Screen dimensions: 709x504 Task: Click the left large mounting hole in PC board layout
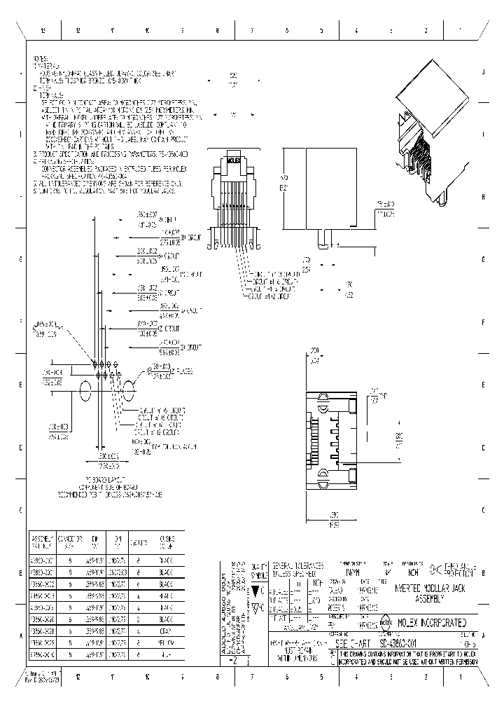click(x=85, y=392)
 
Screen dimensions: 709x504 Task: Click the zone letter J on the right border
click(x=484, y=73)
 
